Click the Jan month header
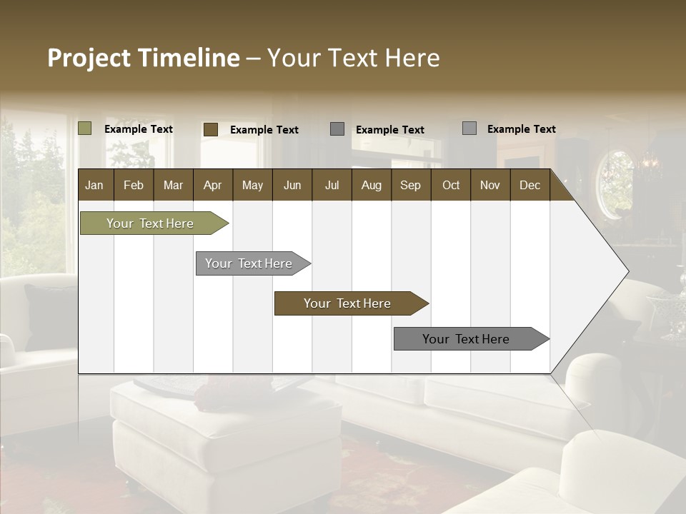click(94, 185)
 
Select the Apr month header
click(212, 185)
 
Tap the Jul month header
click(332, 185)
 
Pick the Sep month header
click(410, 185)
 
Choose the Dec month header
click(530, 185)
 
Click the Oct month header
click(451, 185)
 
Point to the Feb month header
click(134, 185)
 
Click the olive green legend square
click(85, 128)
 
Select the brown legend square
click(211, 129)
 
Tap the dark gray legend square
click(337, 129)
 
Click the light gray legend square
click(469, 128)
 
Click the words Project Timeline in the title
click(143, 58)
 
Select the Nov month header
click(490, 185)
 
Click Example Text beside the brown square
click(264, 130)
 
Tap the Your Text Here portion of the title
click(354, 58)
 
